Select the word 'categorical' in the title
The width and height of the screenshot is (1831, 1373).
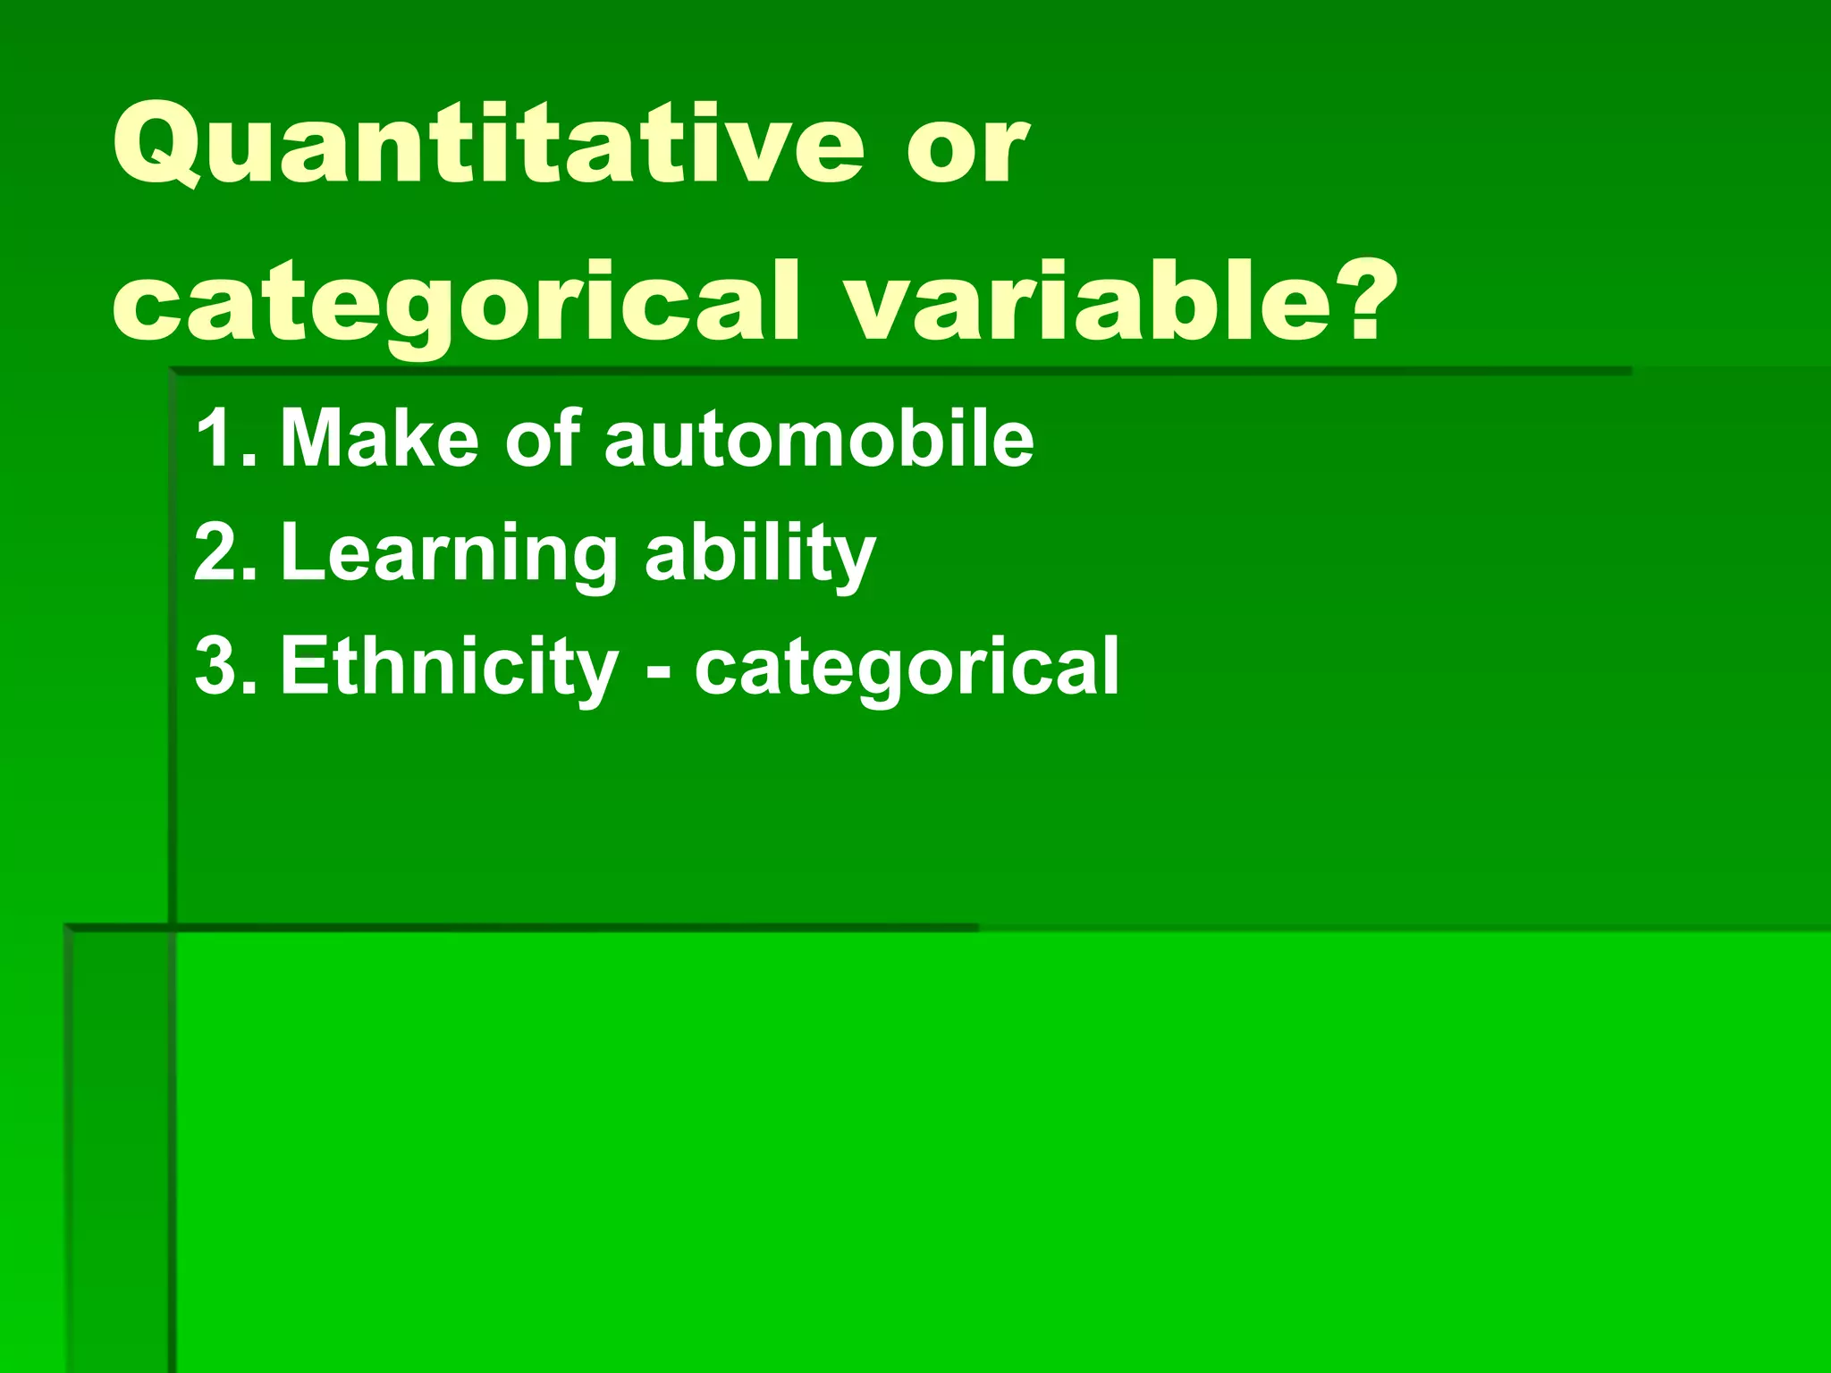pos(456,304)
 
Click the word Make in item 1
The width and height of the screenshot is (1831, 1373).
pos(379,438)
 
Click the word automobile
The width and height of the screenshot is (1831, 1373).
pos(819,438)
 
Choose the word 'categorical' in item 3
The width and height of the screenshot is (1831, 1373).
pos(907,669)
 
